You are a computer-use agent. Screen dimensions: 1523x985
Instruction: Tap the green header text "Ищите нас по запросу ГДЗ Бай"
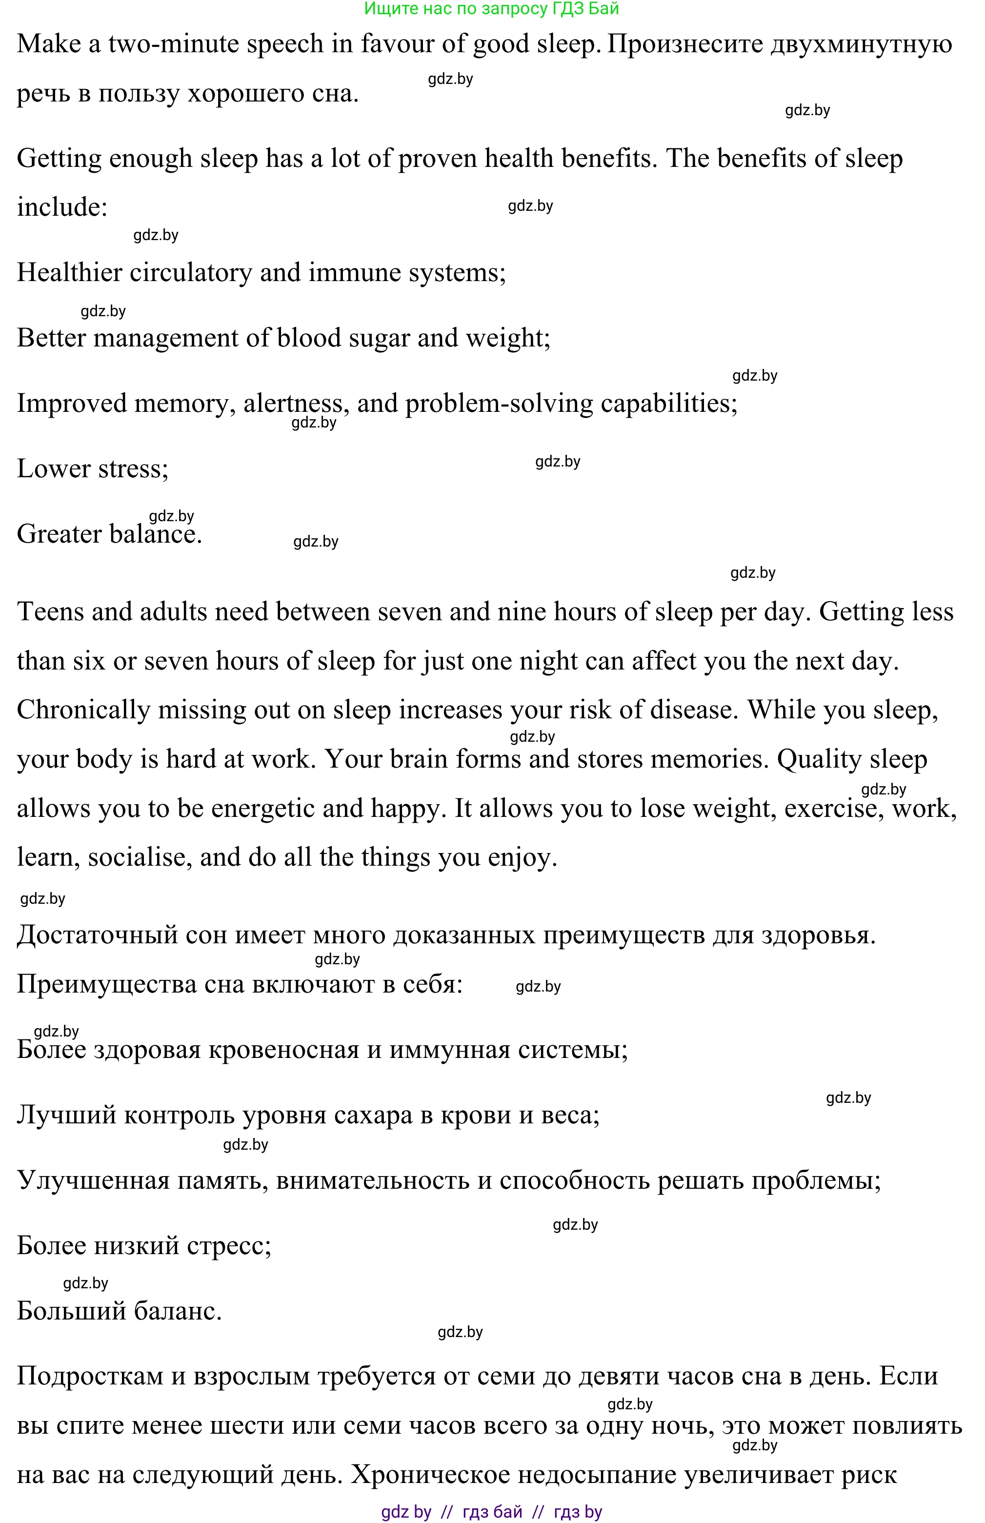[x=491, y=9]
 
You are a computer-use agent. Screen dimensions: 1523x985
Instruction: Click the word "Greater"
[x=59, y=534]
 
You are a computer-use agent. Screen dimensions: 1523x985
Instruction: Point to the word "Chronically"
[x=83, y=710]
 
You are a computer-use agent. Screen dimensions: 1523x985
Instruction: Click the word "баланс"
[x=177, y=1311]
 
